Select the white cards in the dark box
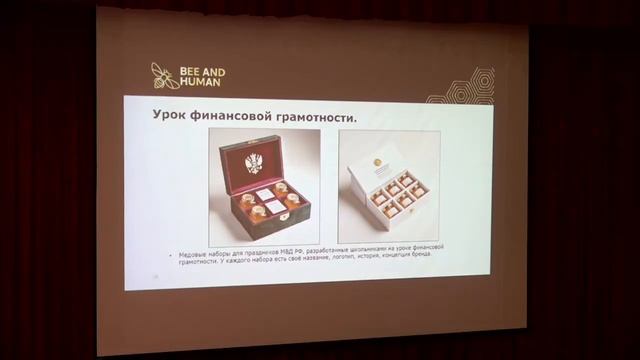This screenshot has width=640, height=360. (267, 200)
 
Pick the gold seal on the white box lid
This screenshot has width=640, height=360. (377, 162)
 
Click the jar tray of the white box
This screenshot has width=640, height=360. (399, 192)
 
